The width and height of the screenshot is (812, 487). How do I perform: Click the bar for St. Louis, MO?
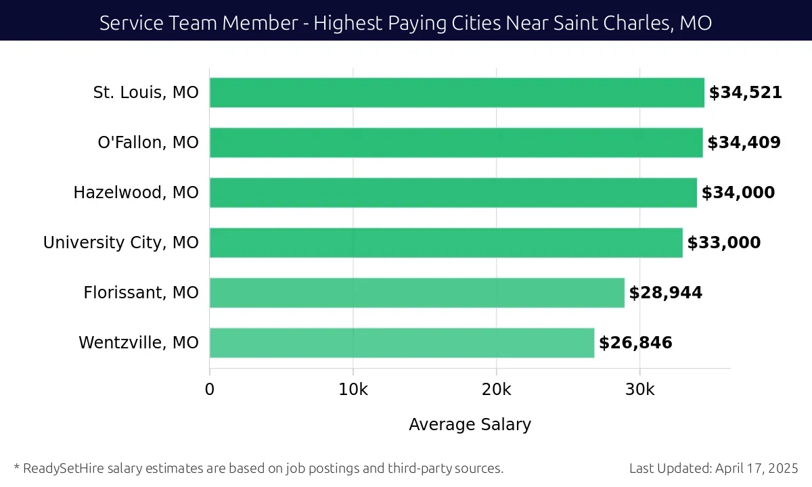tap(457, 93)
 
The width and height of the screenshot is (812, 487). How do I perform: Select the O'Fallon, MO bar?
tap(456, 143)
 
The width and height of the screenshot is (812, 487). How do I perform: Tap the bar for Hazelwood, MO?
tap(453, 193)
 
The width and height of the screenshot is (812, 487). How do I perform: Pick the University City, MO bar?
tap(446, 243)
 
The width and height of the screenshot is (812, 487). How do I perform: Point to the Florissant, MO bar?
tap(417, 293)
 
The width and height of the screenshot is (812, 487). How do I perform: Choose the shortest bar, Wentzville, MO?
tap(402, 343)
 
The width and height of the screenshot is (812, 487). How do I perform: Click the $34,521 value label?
tap(745, 93)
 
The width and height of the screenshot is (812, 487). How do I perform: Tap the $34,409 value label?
tap(744, 143)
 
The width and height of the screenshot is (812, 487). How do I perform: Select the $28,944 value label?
tap(666, 293)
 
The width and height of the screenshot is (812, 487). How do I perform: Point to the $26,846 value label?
tap(635, 343)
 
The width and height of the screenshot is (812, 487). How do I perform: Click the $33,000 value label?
tap(723, 243)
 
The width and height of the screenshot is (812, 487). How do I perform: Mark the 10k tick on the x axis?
tap(353, 390)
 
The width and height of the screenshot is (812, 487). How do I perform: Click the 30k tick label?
tap(640, 390)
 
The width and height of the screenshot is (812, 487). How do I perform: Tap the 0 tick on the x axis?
tap(210, 390)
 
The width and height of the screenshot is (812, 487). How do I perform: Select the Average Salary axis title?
tap(470, 425)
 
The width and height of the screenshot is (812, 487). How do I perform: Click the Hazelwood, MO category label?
tap(136, 193)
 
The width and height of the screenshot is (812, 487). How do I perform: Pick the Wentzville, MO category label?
tap(139, 343)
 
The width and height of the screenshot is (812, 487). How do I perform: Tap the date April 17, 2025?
tap(756, 468)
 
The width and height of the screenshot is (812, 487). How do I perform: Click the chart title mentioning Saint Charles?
tap(405, 23)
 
